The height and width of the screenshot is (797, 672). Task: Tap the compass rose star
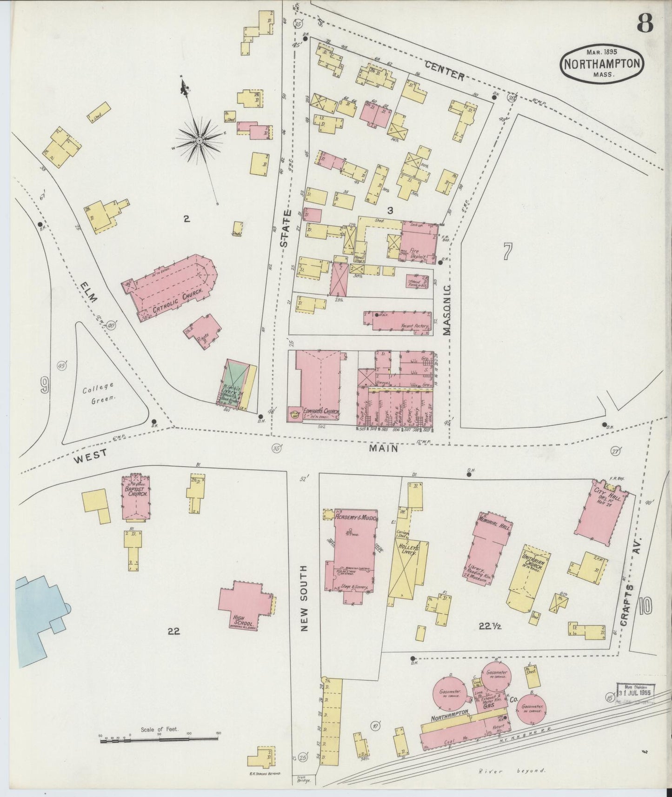coord(200,140)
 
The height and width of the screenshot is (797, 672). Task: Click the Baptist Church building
coord(135,498)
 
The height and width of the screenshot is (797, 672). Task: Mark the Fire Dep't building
coord(419,243)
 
